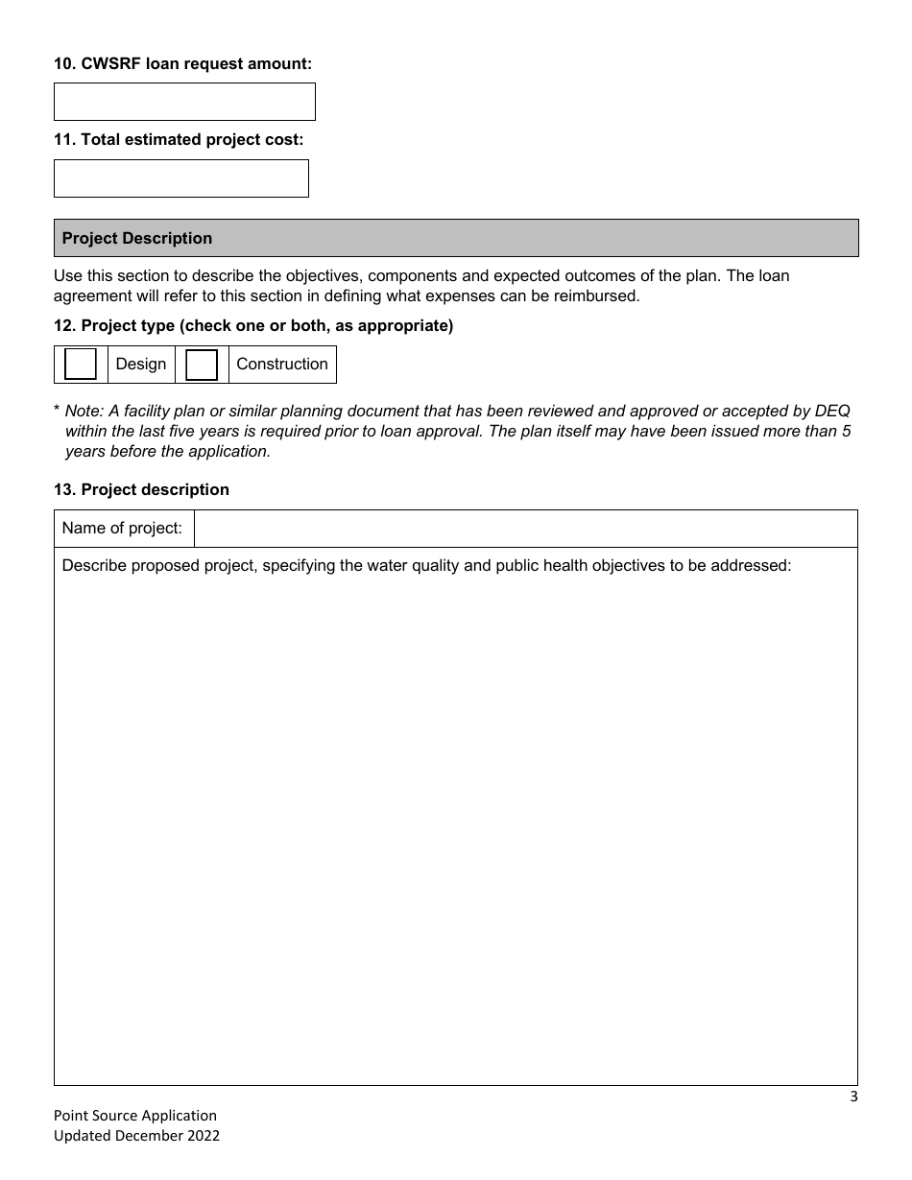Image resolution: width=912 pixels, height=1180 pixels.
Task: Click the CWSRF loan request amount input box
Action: click(x=184, y=102)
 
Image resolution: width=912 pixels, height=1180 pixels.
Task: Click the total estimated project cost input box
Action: click(x=180, y=178)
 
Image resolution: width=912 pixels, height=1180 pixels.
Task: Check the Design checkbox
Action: click(x=81, y=365)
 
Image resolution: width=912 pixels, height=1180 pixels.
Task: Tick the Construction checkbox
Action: click(x=202, y=365)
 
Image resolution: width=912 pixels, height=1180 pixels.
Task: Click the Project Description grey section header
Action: click(x=456, y=238)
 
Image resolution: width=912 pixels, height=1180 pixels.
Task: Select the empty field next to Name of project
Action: click(x=525, y=529)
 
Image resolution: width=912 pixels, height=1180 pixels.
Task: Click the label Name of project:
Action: click(x=122, y=529)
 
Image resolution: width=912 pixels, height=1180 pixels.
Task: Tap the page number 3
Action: click(x=853, y=1097)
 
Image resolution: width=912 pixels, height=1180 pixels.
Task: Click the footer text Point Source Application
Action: click(x=135, y=1116)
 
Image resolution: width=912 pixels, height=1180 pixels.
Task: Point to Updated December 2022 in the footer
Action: click(x=136, y=1136)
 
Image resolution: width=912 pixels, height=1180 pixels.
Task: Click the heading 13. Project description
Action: click(x=141, y=489)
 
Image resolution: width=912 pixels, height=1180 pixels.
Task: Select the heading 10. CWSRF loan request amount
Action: click(x=182, y=63)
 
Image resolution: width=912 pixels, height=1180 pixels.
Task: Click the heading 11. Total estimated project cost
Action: click(x=179, y=139)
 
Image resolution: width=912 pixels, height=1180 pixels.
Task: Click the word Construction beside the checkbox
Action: click(x=282, y=365)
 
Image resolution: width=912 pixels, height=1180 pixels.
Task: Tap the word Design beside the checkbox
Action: click(x=141, y=365)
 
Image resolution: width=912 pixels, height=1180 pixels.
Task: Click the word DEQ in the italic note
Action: click(x=832, y=411)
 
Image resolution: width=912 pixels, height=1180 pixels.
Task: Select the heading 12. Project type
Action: click(x=253, y=325)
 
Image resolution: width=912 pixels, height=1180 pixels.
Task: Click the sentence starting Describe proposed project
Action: click(x=426, y=565)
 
